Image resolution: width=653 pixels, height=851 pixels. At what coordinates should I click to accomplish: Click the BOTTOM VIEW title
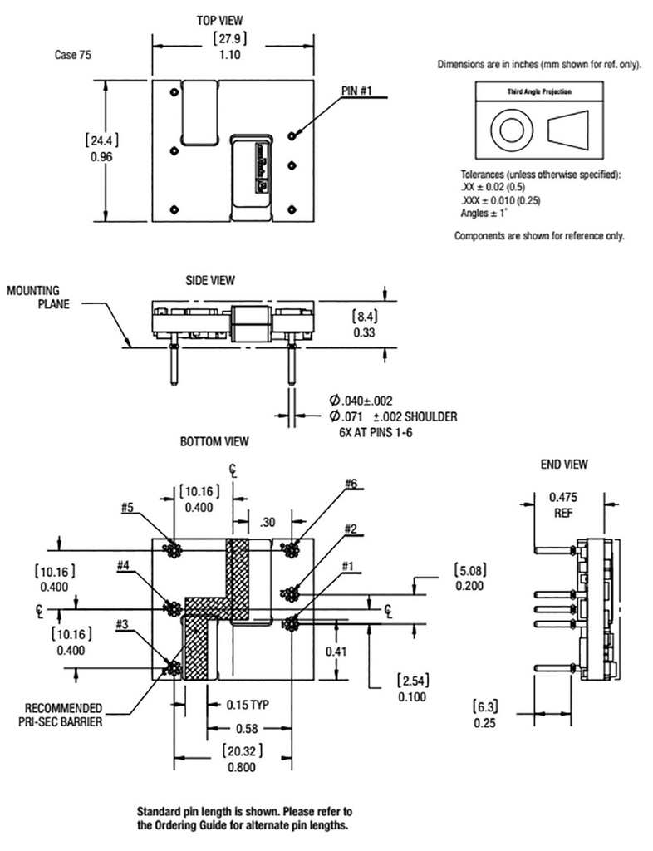pos(214,442)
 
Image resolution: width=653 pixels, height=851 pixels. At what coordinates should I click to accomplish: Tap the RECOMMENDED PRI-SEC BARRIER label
pos(60,716)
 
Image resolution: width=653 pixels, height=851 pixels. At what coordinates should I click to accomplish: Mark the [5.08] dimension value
pos(470,570)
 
